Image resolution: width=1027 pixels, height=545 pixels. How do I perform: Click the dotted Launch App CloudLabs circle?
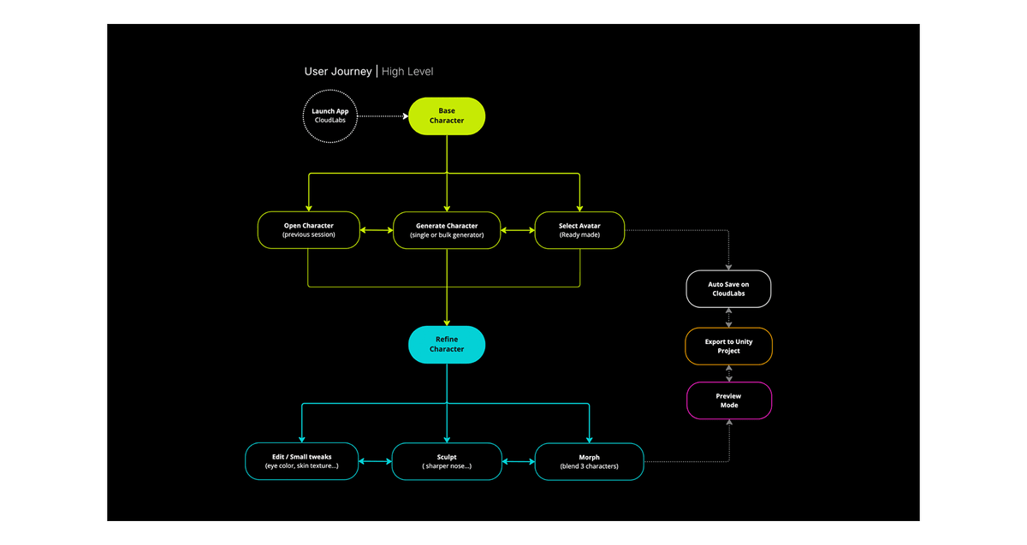pyautogui.click(x=329, y=116)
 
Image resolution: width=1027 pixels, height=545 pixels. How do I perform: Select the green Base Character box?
pyautogui.click(x=447, y=116)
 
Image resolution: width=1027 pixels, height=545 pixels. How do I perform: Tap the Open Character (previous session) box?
pyautogui.click(x=308, y=230)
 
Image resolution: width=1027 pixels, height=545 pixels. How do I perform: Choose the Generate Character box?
pyautogui.click(x=447, y=230)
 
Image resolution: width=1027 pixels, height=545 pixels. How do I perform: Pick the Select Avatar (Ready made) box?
pyautogui.click(x=579, y=230)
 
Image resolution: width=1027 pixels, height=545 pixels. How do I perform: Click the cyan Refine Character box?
pyautogui.click(x=447, y=344)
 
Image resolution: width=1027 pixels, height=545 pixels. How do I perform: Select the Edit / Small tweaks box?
pyautogui.click(x=301, y=461)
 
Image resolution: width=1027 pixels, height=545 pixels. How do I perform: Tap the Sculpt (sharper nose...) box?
pyautogui.click(x=447, y=461)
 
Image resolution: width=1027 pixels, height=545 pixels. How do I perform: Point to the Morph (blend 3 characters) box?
pyautogui.click(x=589, y=461)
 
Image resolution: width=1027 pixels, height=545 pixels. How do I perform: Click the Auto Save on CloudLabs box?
pyautogui.click(x=728, y=288)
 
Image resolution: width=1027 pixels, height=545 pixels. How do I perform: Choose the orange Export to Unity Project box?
pyautogui.click(x=728, y=346)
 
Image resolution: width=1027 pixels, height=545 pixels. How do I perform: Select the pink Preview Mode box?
pyautogui.click(x=728, y=400)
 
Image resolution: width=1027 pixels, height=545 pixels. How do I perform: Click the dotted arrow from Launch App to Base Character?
pyautogui.click(x=382, y=116)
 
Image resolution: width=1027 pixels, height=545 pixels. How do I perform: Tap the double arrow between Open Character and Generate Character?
pyautogui.click(x=376, y=230)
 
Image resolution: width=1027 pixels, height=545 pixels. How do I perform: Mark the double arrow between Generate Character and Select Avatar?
pyautogui.click(x=517, y=230)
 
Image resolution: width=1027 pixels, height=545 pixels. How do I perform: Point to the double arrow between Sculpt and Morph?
pyautogui.click(x=518, y=461)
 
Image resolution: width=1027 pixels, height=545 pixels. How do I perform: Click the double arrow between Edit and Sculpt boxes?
pyautogui.click(x=375, y=461)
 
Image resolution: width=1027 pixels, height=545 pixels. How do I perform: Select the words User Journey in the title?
pyautogui.click(x=338, y=71)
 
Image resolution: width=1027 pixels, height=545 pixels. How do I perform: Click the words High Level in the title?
pyautogui.click(x=407, y=71)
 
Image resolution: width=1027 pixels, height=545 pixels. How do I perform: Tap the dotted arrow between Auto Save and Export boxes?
pyautogui.click(x=728, y=317)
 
